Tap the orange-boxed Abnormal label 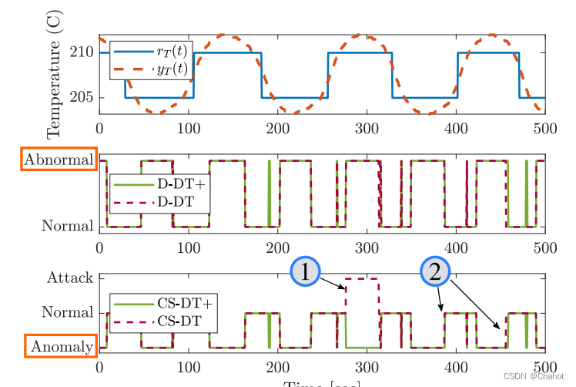[x=59, y=160]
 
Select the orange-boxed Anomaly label [x=61, y=347]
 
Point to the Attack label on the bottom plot [x=70, y=278]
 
